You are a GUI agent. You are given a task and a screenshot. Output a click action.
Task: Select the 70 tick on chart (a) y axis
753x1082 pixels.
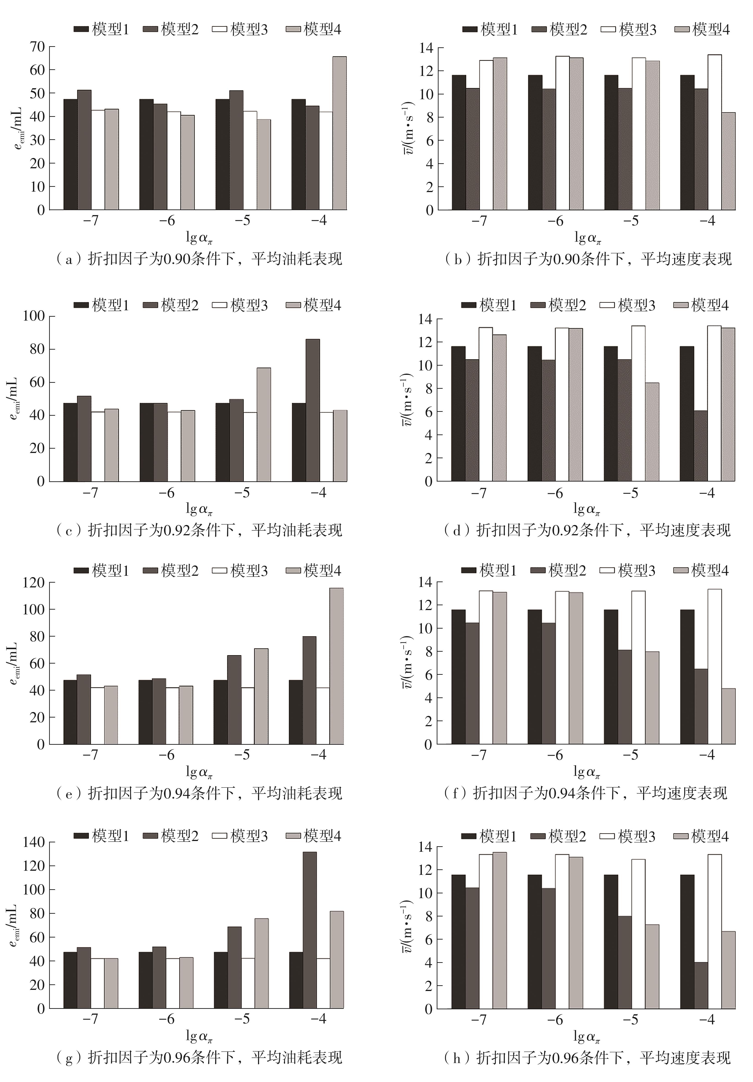[x=37, y=47]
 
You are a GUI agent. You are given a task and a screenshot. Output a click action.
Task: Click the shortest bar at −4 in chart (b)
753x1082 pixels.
[x=728, y=161]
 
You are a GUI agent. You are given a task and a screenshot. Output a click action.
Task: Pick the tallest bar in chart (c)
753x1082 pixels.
[x=312, y=410]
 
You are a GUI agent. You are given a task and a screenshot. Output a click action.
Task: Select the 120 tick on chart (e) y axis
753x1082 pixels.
[x=33, y=582]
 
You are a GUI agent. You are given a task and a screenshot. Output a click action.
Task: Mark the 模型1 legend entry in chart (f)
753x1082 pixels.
[x=489, y=571]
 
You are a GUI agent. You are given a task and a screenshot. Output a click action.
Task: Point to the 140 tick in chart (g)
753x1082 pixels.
[x=33, y=842]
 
